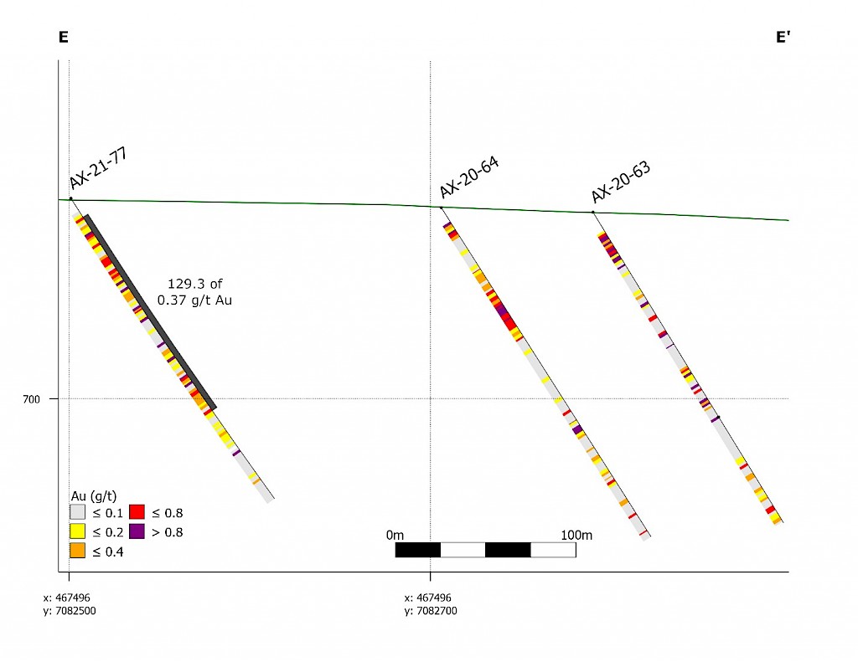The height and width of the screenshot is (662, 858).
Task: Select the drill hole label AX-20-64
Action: coord(469,177)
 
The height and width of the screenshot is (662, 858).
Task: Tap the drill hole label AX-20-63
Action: coord(621,182)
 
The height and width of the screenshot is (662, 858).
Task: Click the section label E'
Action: coord(783,37)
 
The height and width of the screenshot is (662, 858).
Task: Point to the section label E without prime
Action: coord(63,37)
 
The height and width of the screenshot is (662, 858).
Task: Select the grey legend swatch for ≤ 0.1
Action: coord(77,512)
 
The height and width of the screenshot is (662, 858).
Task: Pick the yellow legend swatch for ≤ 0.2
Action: coord(77,531)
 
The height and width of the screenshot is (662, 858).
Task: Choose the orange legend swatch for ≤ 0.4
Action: coord(77,550)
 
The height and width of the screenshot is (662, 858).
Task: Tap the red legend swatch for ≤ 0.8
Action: coord(137,512)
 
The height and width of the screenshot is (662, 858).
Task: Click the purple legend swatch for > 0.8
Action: coord(137,531)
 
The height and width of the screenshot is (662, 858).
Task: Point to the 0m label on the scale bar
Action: coord(395,534)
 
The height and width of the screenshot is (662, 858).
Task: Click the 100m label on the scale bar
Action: coord(576,534)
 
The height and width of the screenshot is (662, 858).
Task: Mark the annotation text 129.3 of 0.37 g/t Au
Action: coord(194,291)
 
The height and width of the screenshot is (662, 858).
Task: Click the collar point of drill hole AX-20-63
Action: coord(593,212)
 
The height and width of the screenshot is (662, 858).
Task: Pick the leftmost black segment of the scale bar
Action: coord(418,550)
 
